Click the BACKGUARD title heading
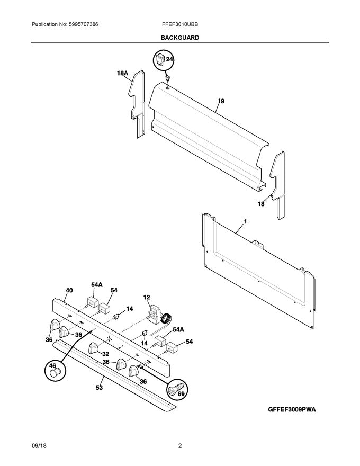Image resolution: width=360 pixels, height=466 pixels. [179, 38]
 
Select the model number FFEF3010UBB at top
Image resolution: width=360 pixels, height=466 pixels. [180, 24]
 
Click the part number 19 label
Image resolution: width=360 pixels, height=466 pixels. [220, 101]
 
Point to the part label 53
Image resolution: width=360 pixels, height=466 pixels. [99, 388]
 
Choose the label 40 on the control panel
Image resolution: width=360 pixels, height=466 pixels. [69, 290]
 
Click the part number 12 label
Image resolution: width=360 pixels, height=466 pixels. [147, 297]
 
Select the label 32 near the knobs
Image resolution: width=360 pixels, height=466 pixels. [105, 354]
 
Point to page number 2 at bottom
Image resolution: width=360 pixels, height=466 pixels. [180, 446]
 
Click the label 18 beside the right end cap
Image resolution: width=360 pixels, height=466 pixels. [260, 203]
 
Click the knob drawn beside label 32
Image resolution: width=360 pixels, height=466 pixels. [94, 348]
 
